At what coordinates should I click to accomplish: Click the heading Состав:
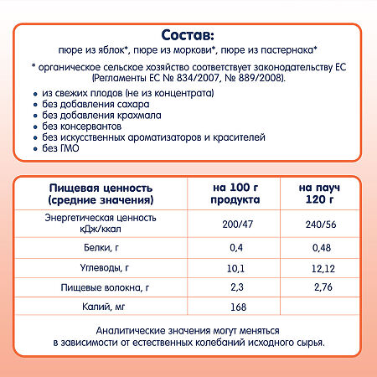pos(188,34)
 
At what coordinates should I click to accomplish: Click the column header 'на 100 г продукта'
pos(236,194)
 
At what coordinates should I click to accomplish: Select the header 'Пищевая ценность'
pos(89,188)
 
